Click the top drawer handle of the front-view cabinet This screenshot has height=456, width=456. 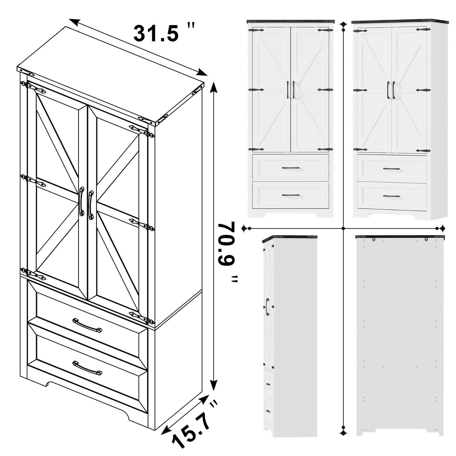point(291,168)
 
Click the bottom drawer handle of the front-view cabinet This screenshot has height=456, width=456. point(291,195)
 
